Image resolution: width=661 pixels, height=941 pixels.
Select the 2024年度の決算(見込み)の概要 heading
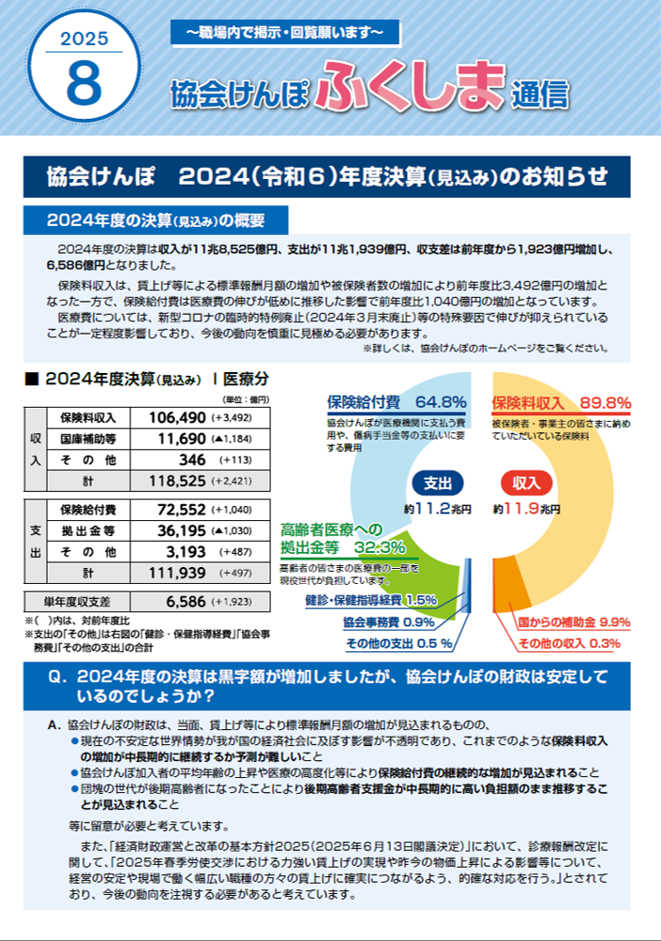pyautogui.click(x=156, y=221)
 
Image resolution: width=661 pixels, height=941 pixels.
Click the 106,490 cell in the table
pyautogui.click(x=175, y=417)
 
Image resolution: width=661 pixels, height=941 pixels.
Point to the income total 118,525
pyautogui.click(x=175, y=481)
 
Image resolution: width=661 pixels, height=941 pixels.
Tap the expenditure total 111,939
pyautogui.click(x=175, y=573)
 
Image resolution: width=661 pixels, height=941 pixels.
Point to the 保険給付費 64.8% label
pyautogui.click(x=397, y=402)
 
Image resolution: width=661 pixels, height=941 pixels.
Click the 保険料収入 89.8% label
pyautogui.click(x=561, y=402)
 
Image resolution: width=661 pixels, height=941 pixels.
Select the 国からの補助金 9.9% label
pyautogui.click(x=574, y=621)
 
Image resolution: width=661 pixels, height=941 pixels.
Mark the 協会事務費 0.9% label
pyautogui.click(x=387, y=621)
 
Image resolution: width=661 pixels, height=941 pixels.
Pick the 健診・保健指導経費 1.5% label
pyautogui.click(x=370, y=600)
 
